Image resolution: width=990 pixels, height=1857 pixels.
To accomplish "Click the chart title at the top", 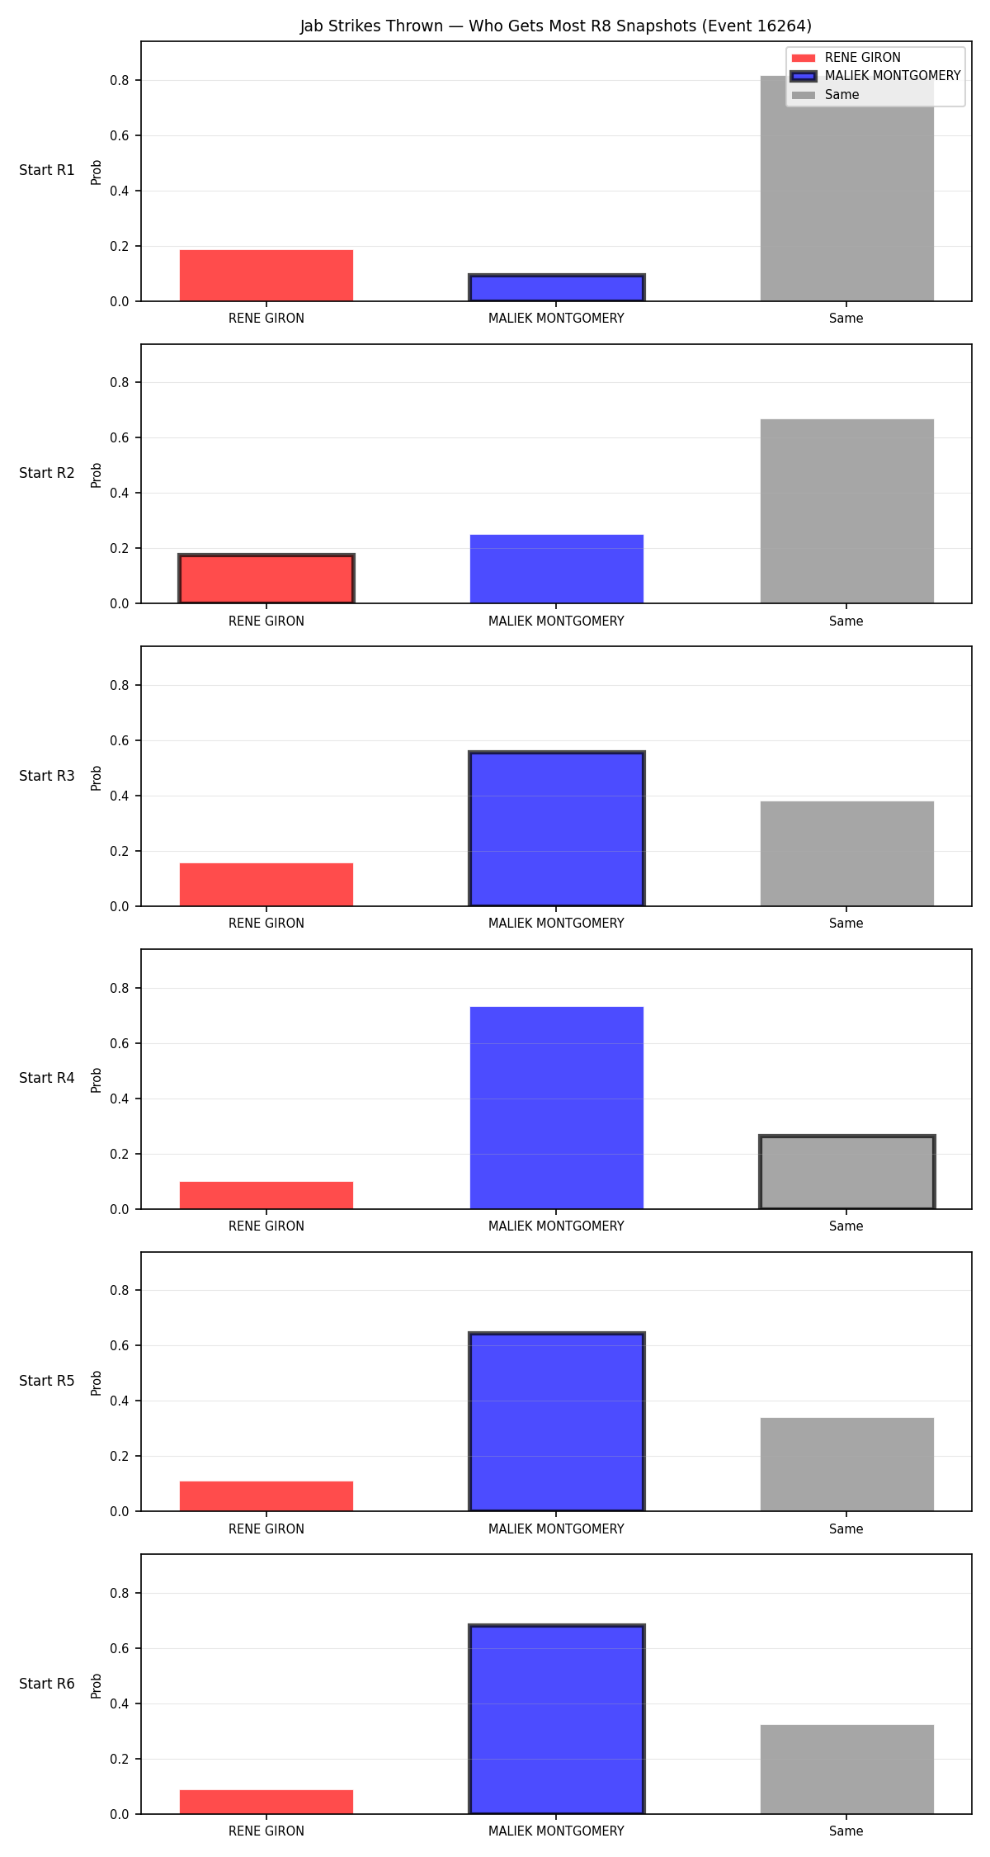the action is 555,26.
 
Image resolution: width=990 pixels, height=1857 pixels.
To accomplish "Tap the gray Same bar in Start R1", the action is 846,188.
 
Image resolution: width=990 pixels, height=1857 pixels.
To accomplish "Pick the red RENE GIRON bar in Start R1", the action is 266,276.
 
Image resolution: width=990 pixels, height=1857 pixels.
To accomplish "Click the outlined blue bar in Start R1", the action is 557,288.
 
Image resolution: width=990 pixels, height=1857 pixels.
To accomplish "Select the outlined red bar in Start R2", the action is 266,579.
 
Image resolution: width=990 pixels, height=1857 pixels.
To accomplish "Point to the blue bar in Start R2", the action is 557,569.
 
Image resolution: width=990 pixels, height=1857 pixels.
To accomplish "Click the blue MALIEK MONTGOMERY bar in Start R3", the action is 557,829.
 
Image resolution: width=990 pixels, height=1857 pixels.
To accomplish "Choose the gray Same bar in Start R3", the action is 846,853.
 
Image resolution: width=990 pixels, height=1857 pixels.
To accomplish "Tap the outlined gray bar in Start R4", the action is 846,1172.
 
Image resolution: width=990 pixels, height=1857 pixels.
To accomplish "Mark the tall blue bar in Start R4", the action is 557,1108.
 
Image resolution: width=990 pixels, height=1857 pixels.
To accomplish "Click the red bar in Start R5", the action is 266,1496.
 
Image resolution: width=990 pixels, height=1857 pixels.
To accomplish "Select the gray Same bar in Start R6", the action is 846,1770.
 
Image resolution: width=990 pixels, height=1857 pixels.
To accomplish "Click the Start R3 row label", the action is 47,776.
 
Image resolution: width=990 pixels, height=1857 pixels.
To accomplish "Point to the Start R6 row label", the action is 47,1684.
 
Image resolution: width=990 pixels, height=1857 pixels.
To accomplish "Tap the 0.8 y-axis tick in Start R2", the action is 120,383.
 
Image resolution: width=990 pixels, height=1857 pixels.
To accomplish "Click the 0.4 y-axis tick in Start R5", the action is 120,1401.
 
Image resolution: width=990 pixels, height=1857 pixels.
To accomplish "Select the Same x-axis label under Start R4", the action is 846,1226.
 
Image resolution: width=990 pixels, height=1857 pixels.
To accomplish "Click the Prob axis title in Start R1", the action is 97,172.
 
